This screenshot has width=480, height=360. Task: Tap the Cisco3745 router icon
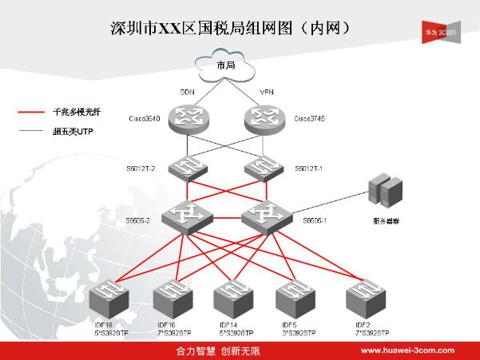pyautogui.click(x=263, y=119)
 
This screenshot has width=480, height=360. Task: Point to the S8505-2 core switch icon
pyautogui.click(x=187, y=216)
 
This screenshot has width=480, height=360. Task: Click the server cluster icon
pyautogui.click(x=385, y=192)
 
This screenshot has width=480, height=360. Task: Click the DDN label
pyautogui.click(x=188, y=92)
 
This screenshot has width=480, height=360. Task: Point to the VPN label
pyautogui.click(x=267, y=92)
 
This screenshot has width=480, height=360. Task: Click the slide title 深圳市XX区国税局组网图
pyautogui.click(x=229, y=28)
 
